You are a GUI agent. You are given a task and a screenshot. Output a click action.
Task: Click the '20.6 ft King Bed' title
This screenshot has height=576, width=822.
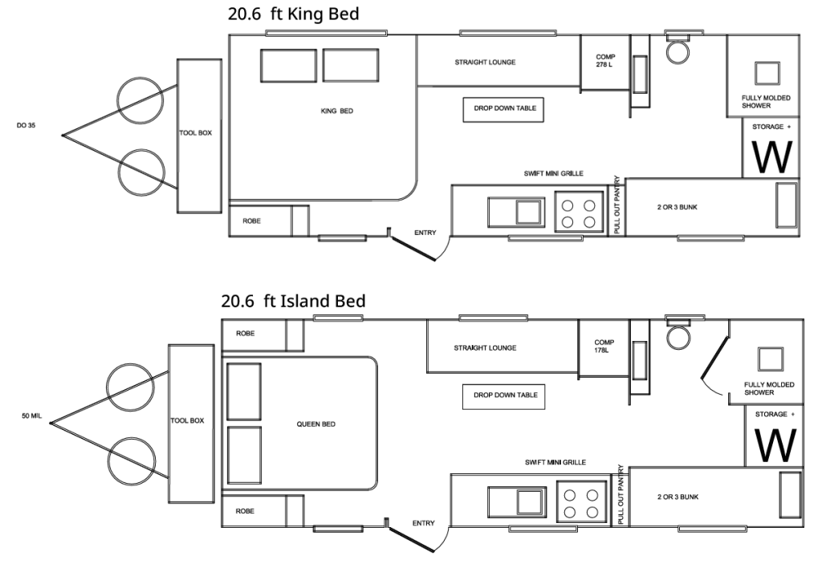click(293, 14)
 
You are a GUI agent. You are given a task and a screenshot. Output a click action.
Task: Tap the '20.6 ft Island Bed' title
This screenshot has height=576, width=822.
click(293, 302)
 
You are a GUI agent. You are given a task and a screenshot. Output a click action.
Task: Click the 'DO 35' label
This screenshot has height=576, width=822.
click(26, 125)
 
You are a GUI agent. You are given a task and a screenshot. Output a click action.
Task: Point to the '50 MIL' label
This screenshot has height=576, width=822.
click(31, 416)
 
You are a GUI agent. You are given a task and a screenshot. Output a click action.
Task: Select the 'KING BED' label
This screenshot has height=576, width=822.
click(337, 112)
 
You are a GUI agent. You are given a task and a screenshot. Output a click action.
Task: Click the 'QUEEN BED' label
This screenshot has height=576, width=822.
click(316, 424)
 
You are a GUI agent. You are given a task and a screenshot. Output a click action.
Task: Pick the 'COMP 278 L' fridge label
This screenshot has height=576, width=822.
click(605, 61)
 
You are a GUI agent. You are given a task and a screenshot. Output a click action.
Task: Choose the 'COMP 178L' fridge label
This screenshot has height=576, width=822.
click(604, 346)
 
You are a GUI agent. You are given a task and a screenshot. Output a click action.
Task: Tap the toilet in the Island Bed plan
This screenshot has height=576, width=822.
click(678, 335)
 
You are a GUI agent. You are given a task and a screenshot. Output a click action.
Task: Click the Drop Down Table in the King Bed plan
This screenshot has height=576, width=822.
click(503, 110)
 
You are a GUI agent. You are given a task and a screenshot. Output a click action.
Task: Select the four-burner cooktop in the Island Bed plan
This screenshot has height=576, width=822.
click(581, 503)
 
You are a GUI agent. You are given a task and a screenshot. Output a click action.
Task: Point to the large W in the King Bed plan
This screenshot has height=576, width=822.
click(771, 157)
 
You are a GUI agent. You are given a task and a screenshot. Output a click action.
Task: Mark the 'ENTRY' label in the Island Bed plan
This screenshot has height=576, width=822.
click(424, 523)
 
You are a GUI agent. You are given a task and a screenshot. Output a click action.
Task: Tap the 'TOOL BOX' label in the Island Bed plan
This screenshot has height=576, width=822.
click(187, 420)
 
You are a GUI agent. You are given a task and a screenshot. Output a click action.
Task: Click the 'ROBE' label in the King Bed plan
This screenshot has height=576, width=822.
click(251, 221)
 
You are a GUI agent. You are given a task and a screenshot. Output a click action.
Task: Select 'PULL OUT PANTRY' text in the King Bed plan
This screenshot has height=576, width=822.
click(616, 205)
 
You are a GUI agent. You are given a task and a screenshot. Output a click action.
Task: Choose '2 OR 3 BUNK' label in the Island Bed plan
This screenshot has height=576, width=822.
click(678, 497)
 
